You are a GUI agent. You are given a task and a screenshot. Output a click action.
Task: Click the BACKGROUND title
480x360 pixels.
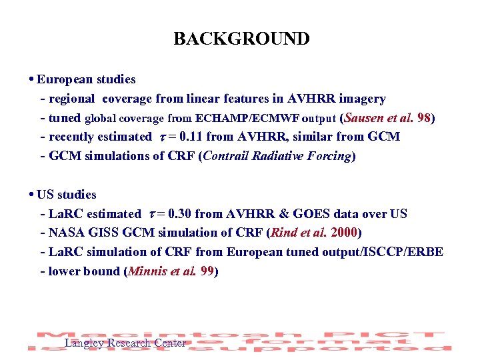click(x=241, y=39)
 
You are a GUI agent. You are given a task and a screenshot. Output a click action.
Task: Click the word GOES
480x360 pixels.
click(x=317, y=215)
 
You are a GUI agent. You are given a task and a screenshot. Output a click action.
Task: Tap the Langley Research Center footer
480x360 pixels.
click(x=125, y=343)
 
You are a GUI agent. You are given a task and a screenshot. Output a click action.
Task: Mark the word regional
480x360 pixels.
click(x=71, y=99)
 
